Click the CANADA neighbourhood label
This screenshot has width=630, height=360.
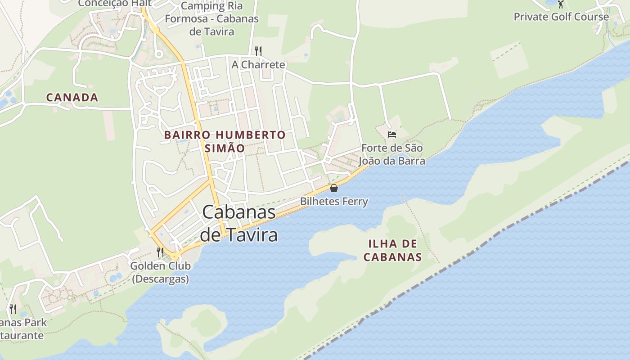(x=72, y=97)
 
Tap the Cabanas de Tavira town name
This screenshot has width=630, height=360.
(x=238, y=223)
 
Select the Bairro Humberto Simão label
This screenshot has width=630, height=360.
(x=225, y=141)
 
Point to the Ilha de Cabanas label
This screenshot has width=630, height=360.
(x=392, y=251)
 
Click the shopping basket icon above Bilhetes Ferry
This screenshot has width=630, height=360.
(x=334, y=188)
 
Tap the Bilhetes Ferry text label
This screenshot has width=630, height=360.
(x=334, y=201)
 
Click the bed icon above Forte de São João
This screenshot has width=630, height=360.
(x=392, y=134)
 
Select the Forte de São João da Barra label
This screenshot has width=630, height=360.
(x=392, y=154)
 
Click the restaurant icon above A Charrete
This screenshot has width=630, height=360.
(x=258, y=51)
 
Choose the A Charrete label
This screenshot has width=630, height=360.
(x=258, y=65)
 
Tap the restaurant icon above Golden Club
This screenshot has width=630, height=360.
(x=160, y=252)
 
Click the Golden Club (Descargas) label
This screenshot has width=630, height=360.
(x=160, y=272)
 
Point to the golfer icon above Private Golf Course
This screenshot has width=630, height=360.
(x=561, y=4)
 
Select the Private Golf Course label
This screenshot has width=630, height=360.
(x=561, y=17)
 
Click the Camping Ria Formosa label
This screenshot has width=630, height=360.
(x=211, y=19)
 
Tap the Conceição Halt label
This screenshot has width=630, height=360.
(x=114, y=4)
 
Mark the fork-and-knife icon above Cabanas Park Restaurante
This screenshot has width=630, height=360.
(x=13, y=309)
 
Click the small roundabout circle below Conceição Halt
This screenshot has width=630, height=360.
(x=158, y=54)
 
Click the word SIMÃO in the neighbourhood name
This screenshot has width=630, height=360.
(x=225, y=148)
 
